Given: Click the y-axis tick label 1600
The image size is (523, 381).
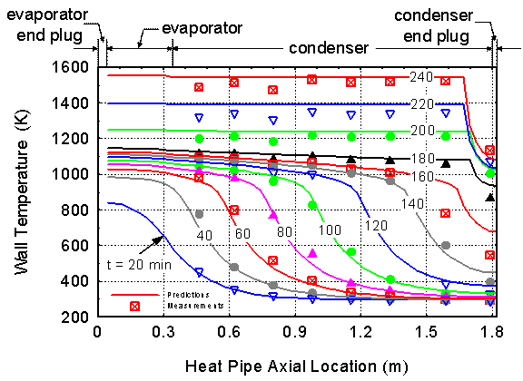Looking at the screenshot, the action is click(x=69, y=67).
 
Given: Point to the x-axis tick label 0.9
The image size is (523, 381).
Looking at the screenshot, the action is click(x=295, y=332).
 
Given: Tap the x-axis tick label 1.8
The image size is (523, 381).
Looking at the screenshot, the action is click(x=492, y=332).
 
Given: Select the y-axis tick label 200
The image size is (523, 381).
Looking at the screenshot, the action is click(x=74, y=317).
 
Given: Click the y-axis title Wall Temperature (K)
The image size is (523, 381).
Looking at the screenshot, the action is click(x=22, y=192).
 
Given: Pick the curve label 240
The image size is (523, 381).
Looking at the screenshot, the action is click(x=421, y=77).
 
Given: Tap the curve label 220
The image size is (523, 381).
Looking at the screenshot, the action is click(x=422, y=104).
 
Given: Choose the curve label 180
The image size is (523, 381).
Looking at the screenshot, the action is click(x=422, y=159).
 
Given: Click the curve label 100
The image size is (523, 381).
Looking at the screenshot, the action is click(x=330, y=230).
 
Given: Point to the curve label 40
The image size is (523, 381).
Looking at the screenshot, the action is click(x=204, y=235).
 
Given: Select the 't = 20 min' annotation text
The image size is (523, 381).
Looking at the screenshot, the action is click(x=139, y=265).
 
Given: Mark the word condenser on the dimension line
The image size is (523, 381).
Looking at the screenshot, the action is click(x=329, y=48).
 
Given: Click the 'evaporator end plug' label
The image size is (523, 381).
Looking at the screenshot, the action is click(x=47, y=25).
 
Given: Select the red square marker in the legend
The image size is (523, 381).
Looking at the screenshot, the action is click(x=134, y=307).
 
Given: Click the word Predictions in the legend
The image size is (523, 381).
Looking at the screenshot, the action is click(x=189, y=295).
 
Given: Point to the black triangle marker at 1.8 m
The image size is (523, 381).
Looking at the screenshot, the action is click(x=490, y=198).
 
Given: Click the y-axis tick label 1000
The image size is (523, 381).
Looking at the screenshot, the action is click(x=69, y=174).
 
